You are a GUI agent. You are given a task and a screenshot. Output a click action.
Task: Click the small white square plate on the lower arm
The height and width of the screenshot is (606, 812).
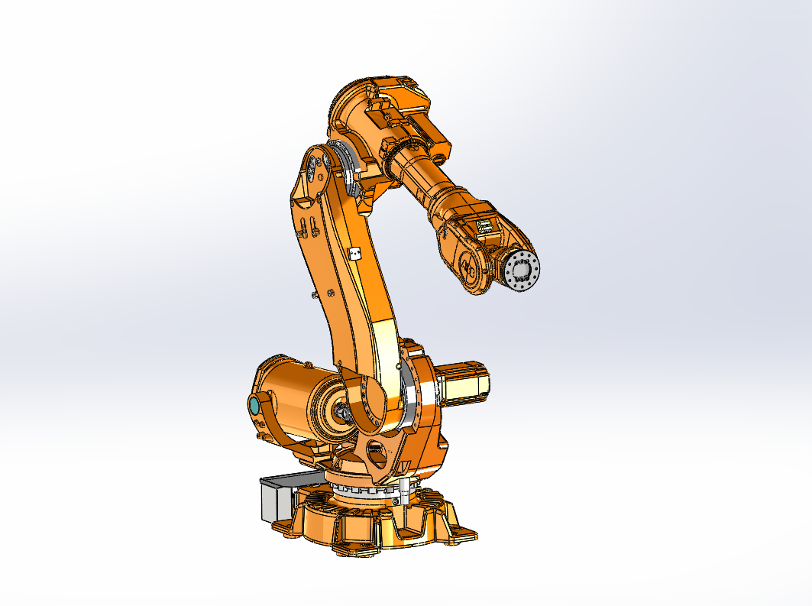tap(353, 254)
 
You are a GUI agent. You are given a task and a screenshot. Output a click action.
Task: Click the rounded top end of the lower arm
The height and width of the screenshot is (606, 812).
tap(316, 164)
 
